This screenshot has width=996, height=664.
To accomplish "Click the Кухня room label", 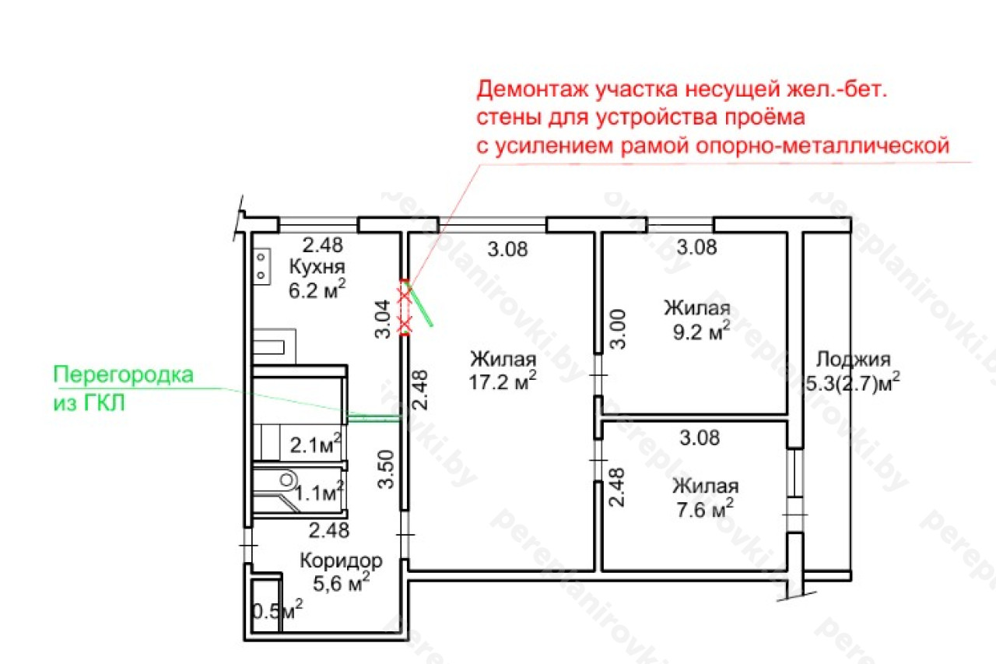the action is [x=317, y=267].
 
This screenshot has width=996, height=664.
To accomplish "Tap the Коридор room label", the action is [x=341, y=560].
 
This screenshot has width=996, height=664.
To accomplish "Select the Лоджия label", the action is [x=854, y=360].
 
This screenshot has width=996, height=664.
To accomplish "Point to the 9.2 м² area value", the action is [x=701, y=331].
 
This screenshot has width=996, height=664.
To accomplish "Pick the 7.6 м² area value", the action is [x=705, y=509].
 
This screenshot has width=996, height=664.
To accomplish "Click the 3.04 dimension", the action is [x=383, y=319].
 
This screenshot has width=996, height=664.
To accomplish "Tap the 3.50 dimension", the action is [x=385, y=469].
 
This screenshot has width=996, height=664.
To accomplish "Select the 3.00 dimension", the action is [x=618, y=329].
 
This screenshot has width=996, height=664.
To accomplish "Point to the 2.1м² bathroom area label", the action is [x=316, y=444].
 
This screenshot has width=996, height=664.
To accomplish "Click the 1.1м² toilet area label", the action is [x=319, y=492].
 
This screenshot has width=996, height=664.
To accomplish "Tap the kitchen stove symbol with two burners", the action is [x=261, y=266].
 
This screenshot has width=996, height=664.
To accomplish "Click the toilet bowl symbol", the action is [x=287, y=480].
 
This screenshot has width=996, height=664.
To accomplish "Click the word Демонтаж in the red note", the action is [x=533, y=90].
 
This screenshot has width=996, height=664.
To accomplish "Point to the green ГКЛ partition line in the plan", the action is [x=374, y=417].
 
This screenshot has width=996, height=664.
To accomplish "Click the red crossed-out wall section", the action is [x=405, y=307].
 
